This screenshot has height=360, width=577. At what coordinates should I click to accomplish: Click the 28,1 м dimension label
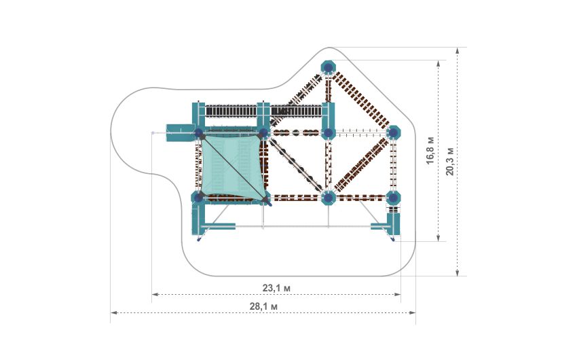tap(264, 307)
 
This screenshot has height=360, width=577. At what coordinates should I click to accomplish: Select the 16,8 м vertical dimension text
tap(430, 151)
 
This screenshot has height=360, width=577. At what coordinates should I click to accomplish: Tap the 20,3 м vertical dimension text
tap(449, 162)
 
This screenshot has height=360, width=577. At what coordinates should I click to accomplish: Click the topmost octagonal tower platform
tap(329, 67)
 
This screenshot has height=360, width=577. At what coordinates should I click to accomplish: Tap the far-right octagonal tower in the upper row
tap(394, 132)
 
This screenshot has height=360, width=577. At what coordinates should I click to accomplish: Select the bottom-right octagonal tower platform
tap(394, 198)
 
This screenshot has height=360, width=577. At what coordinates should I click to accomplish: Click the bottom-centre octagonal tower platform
tap(329, 198)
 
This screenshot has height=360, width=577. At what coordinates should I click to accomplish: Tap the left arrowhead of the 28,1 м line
tap(113, 312)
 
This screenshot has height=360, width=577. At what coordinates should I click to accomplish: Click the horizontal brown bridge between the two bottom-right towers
tap(361, 198)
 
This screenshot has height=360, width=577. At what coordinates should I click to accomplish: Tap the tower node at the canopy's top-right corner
tap(263, 132)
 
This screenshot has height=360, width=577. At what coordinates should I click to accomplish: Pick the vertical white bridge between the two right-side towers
tap(394, 165)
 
